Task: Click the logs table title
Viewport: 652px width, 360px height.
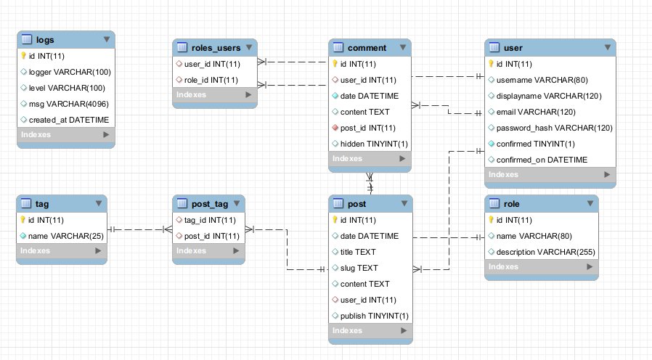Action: tap(44, 39)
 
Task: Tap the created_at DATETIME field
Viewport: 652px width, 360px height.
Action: tap(68, 120)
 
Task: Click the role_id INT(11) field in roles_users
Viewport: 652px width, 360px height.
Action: tap(211, 80)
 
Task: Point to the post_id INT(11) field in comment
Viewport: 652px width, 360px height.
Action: tap(367, 128)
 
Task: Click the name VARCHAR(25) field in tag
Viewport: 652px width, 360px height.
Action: tap(60, 236)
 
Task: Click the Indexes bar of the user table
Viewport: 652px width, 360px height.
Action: tap(550, 175)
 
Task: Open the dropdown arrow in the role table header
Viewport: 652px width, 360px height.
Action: tap(589, 204)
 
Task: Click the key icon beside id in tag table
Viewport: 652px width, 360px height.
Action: tap(23, 220)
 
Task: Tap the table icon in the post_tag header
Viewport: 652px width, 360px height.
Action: tap(182, 204)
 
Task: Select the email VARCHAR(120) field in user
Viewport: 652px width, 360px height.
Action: tap(536, 112)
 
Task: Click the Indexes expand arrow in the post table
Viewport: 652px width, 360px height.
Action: tap(404, 331)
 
